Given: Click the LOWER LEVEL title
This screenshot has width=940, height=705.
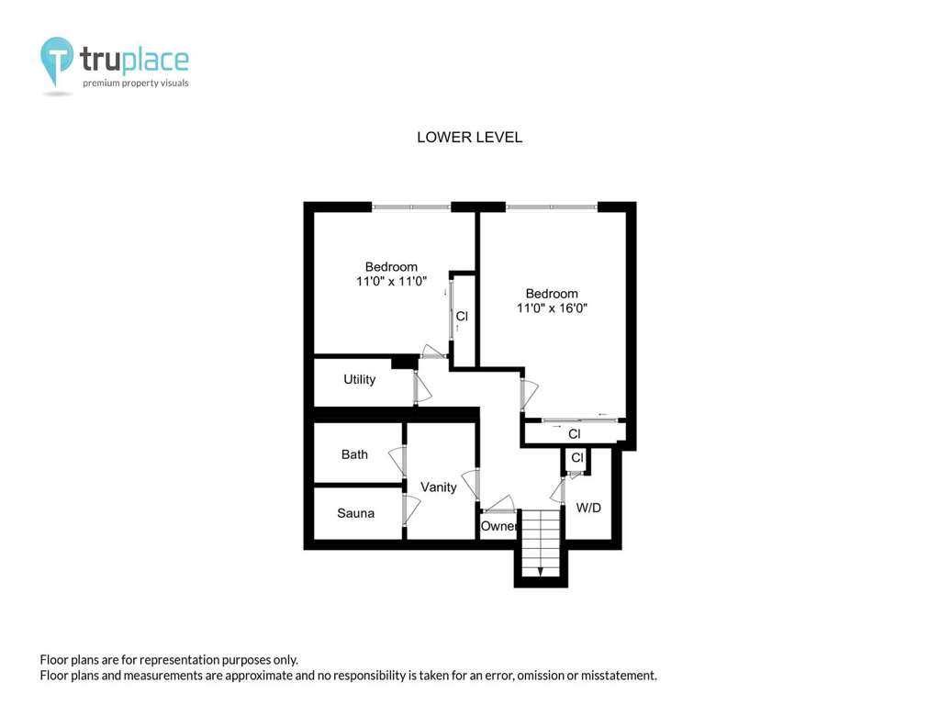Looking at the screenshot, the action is coord(469,138).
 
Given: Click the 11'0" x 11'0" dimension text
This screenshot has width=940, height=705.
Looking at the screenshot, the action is coord(391,281).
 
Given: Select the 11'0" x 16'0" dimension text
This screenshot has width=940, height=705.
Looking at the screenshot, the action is coord(552,308).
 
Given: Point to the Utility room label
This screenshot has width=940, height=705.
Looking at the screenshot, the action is coord(360,379).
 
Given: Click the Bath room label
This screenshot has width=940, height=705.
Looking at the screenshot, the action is coord(354,454).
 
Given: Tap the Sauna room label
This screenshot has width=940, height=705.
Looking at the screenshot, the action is coord(355,513).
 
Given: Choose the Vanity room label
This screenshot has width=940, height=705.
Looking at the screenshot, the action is coord(438,487).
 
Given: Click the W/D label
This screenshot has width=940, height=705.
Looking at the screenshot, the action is coord(588,508).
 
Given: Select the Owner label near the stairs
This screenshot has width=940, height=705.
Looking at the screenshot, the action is coord(498,526).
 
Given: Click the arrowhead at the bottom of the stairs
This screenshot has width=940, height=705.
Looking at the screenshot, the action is coord(540,572).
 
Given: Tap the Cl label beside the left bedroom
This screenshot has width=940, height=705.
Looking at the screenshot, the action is coord(462,317).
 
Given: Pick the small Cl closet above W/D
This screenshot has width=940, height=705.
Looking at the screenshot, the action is coord(577,458).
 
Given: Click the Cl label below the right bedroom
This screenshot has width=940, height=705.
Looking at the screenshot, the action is coord(575,434).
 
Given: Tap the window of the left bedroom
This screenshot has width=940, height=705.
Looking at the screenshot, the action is coord(411,207).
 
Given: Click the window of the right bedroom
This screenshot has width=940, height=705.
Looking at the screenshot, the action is coord(552,207).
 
